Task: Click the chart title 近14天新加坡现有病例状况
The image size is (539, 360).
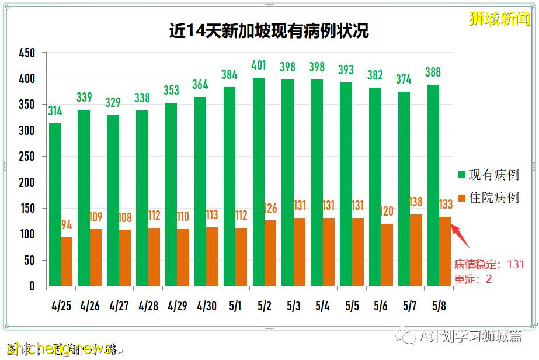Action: pyautogui.click(x=269, y=31)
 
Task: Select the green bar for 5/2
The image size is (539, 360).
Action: pyautogui.click(x=258, y=182)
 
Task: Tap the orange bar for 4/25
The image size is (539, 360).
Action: pyautogui.click(x=67, y=261)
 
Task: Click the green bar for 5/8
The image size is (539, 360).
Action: pyautogui.click(x=433, y=185)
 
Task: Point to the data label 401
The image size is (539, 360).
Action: pyautogui.click(x=258, y=65)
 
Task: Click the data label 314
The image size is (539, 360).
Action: pyautogui.click(x=55, y=110)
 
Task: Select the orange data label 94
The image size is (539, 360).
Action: pyautogui.click(x=67, y=225)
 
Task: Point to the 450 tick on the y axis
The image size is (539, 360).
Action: pyautogui.click(x=26, y=53)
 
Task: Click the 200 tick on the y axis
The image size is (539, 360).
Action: pyautogui.click(x=26, y=182)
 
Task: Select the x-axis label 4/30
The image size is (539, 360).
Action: pyautogui.click(x=206, y=306)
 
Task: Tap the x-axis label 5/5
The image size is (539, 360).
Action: pyautogui.click(x=352, y=306)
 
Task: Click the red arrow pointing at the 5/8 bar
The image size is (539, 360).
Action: pyautogui.click(x=461, y=233)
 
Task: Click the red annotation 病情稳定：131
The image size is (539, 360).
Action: pyautogui.click(x=489, y=265)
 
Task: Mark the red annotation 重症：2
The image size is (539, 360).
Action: pyautogui.click(x=473, y=279)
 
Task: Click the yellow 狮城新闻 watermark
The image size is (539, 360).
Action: pyautogui.click(x=500, y=19)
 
